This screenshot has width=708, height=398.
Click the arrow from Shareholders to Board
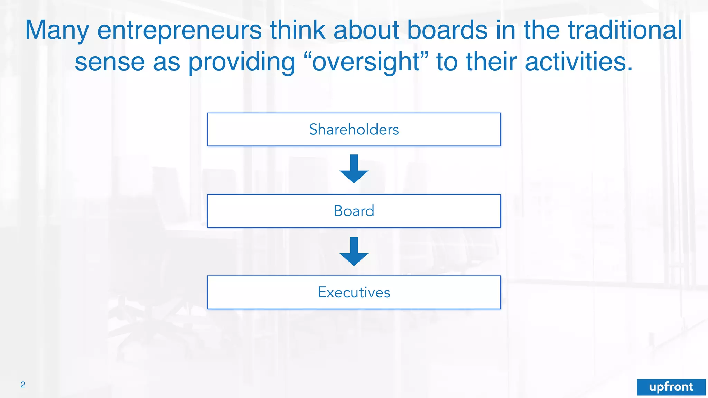click(x=354, y=169)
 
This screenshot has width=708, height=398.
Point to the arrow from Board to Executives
click(x=354, y=252)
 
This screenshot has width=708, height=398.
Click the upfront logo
click(x=671, y=387)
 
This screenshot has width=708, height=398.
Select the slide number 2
click(x=23, y=385)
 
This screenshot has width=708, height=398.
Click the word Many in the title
click(x=57, y=30)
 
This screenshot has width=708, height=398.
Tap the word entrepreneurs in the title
click(x=179, y=30)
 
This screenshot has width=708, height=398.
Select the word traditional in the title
click(x=625, y=30)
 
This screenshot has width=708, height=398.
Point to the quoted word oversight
click(x=366, y=62)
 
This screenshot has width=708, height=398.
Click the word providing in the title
click(x=242, y=62)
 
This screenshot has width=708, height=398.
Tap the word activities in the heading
click(x=579, y=62)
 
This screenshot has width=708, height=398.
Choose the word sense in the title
click(x=110, y=62)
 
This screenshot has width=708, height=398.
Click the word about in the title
click(x=366, y=30)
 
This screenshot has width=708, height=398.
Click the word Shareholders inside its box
click(x=354, y=130)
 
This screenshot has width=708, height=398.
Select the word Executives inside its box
click(x=354, y=292)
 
